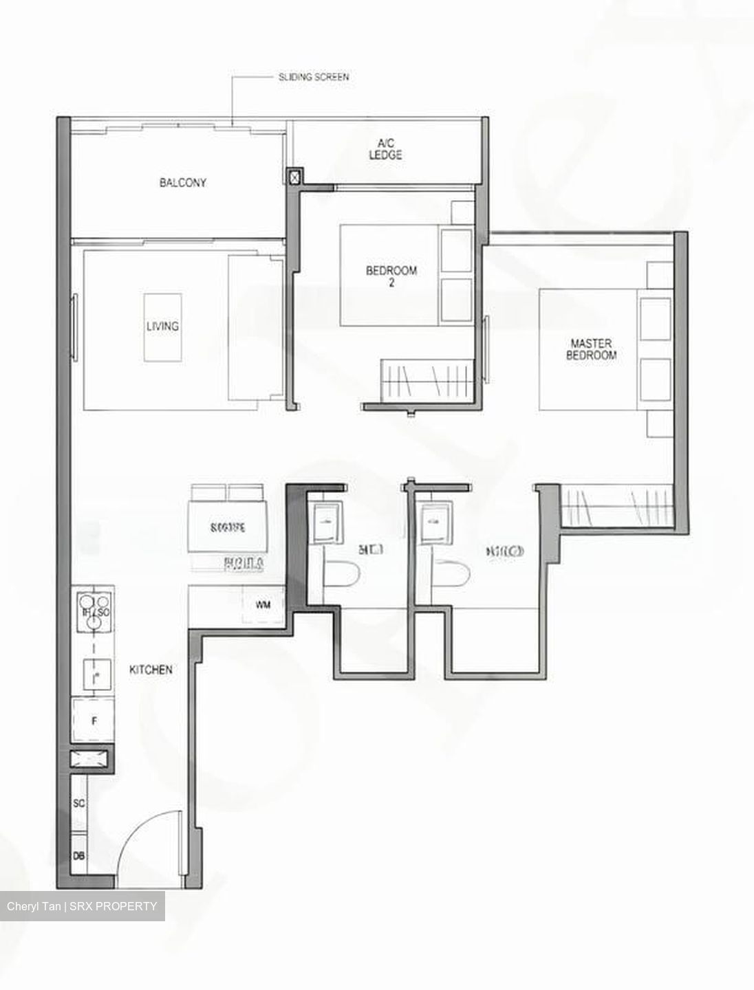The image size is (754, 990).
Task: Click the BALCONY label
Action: point(182,183)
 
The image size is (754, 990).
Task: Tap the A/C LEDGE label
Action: point(385,149)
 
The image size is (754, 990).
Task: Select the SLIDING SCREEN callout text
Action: point(313,77)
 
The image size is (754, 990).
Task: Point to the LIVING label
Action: point(162,326)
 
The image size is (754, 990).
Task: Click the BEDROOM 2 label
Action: point(391,276)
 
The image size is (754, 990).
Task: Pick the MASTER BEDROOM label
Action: point(591,349)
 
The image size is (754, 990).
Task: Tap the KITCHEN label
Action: point(151,669)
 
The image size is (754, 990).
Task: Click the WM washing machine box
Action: point(262,605)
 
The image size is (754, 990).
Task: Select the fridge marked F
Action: point(93,721)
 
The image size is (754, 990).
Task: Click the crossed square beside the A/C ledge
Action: point(294,178)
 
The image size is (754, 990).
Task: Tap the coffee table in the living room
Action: point(163,327)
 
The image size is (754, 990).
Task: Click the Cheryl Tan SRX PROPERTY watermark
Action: point(83,906)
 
